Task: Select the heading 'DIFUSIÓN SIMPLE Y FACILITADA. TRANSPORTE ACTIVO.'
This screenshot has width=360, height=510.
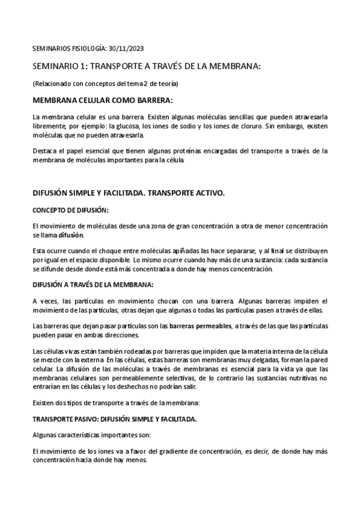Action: coord(129,194)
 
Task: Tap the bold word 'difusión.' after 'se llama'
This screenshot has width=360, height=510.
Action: coord(72,235)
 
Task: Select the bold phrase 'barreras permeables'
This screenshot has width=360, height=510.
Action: coord(200,326)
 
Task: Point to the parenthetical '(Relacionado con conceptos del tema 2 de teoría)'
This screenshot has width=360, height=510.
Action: coord(105,82)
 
